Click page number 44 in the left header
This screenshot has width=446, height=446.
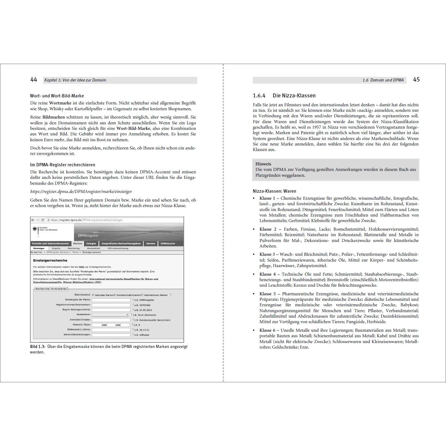[x=34, y=80]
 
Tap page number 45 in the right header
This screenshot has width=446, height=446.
[x=416, y=80]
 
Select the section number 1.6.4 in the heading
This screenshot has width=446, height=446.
[x=259, y=96]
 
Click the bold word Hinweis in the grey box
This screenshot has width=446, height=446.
[x=263, y=164]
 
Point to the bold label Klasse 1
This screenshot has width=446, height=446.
[x=267, y=198]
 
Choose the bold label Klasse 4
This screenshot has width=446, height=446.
[x=267, y=274]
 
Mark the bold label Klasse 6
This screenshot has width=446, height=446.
[x=267, y=331]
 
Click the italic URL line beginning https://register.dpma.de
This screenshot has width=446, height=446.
[x=81, y=191]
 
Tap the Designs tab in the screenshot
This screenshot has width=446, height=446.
[x=91, y=244]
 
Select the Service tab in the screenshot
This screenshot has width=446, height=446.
[x=150, y=244]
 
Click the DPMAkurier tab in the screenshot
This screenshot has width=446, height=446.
[x=168, y=244]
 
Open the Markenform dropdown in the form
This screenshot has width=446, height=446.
[x=110, y=315]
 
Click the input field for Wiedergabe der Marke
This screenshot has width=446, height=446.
[x=111, y=300]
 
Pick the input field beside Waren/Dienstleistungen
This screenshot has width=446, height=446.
[x=111, y=335]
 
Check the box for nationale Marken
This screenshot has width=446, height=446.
[x=93, y=295]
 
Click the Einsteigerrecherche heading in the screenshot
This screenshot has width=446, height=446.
[x=50, y=260]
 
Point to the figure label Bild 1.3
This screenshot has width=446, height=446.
[x=38, y=347]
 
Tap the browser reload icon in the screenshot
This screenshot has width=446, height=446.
[x=43, y=220]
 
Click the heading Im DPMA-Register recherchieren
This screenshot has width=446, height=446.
[x=62, y=165]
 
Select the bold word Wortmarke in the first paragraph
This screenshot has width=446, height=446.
[x=60, y=103]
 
